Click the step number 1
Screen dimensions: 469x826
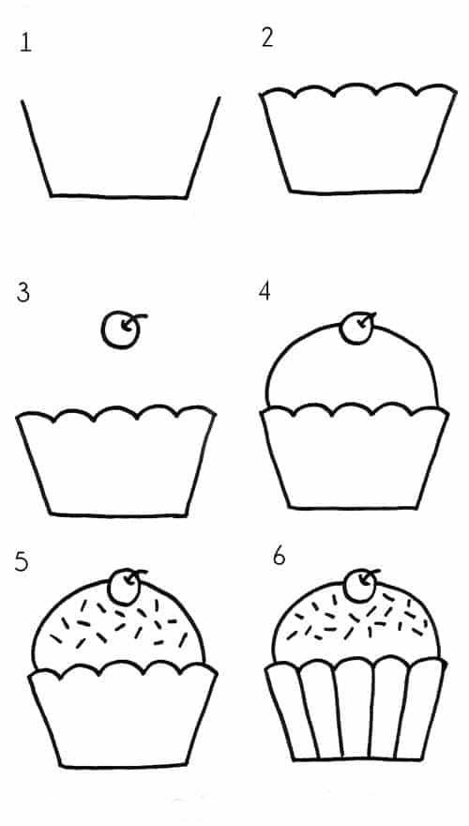[x=25, y=42]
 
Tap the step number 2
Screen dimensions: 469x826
[x=267, y=38]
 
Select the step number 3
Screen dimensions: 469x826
[x=23, y=293]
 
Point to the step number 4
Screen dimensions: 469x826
[x=265, y=290]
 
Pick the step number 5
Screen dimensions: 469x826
[x=21, y=561]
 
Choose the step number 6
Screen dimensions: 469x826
[x=279, y=557]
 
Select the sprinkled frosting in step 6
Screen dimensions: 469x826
[x=356, y=621]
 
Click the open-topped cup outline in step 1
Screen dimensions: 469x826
[x=119, y=197]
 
